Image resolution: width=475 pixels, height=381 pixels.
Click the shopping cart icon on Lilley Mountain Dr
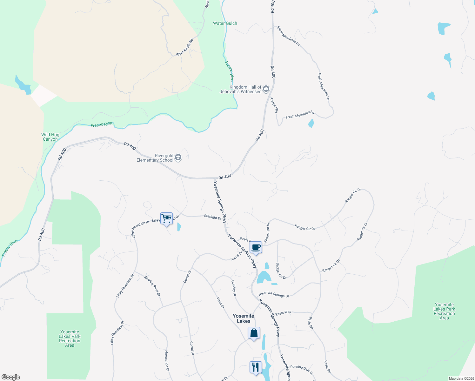[x=166, y=218]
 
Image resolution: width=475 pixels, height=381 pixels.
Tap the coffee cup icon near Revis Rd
[x=256, y=247]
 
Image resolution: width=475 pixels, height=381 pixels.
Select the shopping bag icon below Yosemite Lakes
[x=254, y=333]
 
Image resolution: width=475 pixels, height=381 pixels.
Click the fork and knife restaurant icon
[x=256, y=367]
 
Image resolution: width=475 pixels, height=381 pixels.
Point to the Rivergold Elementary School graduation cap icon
[x=178, y=158]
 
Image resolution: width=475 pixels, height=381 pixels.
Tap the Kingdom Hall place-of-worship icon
[x=266, y=89]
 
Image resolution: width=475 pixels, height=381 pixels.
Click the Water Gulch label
[x=225, y=23]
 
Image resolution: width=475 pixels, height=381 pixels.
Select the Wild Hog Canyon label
[x=50, y=137]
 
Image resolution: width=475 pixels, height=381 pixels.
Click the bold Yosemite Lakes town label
[x=243, y=318]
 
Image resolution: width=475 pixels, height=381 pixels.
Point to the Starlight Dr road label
[x=213, y=217]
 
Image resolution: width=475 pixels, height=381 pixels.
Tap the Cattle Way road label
[x=274, y=105]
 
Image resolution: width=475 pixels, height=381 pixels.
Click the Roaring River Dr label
[x=152, y=286]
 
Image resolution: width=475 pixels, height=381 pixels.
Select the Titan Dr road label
[x=220, y=303]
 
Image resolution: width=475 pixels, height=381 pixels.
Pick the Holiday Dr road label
[x=234, y=288]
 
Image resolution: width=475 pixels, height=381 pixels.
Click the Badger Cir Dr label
[x=281, y=271]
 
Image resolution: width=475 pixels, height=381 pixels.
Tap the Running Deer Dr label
[x=301, y=370]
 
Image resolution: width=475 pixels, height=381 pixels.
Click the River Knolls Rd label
[x=184, y=48]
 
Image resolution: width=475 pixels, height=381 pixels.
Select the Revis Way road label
[x=283, y=313]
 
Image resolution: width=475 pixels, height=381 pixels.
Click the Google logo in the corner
[x=11, y=377]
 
